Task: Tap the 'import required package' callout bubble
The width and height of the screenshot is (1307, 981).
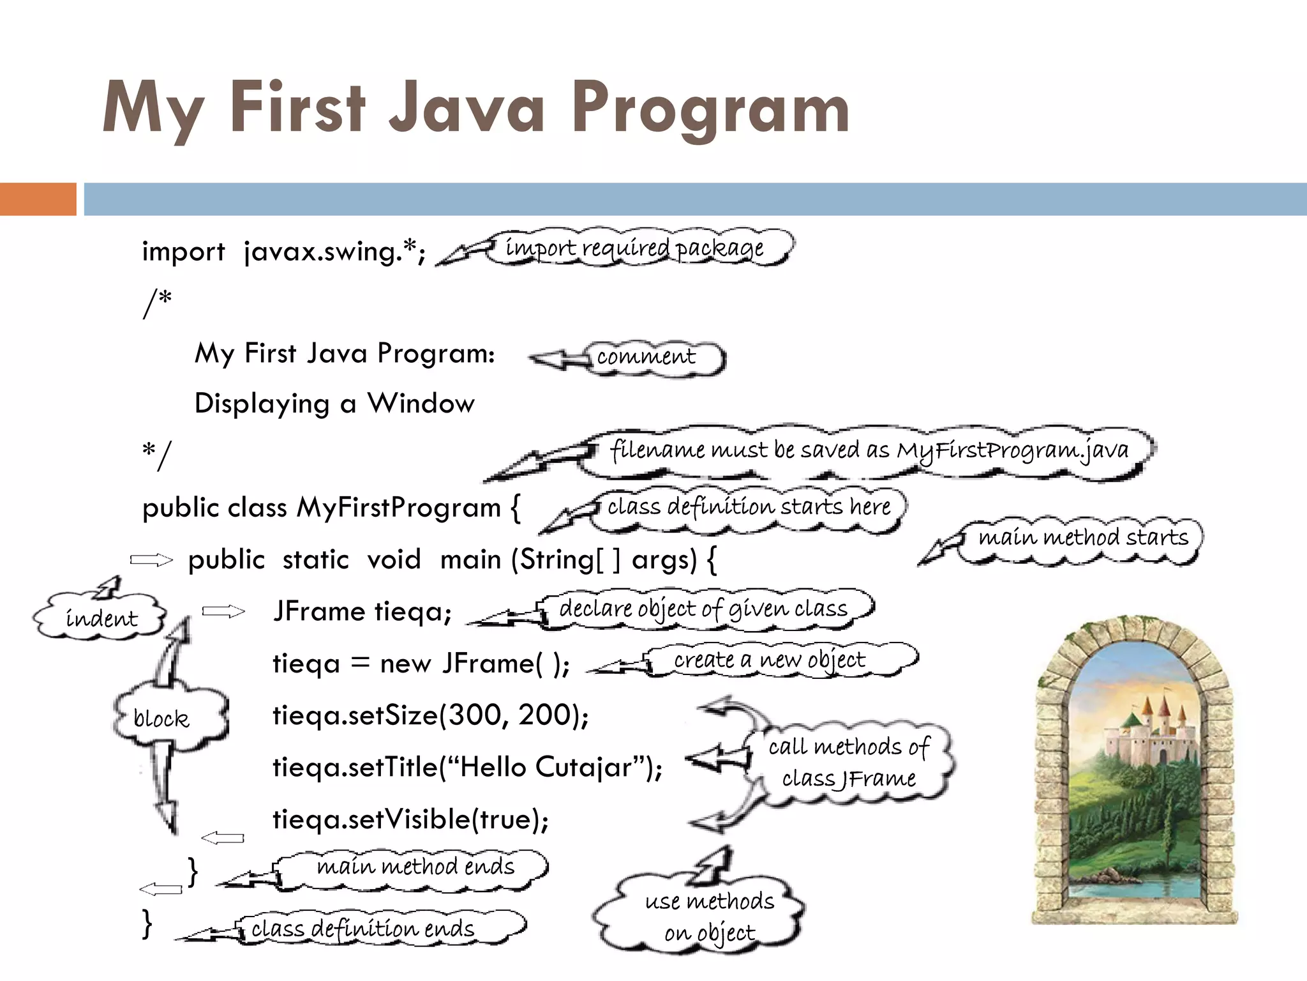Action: [635, 248]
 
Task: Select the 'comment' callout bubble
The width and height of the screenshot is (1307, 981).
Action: [646, 356]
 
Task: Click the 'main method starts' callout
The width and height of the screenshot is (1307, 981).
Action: [1083, 538]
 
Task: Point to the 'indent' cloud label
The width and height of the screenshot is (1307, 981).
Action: [101, 618]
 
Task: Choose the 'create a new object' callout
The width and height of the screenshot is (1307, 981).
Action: [770, 660]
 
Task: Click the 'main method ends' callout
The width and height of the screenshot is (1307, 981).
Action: [415, 867]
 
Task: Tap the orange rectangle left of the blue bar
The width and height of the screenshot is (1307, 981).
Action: [38, 199]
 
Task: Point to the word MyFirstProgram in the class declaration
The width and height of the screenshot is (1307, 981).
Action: [399, 508]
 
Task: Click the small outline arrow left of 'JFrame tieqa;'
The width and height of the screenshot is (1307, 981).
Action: [223, 612]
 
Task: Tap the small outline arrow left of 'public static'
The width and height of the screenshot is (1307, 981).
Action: [152, 560]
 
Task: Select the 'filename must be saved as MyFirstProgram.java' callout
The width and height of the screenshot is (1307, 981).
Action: [869, 450]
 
